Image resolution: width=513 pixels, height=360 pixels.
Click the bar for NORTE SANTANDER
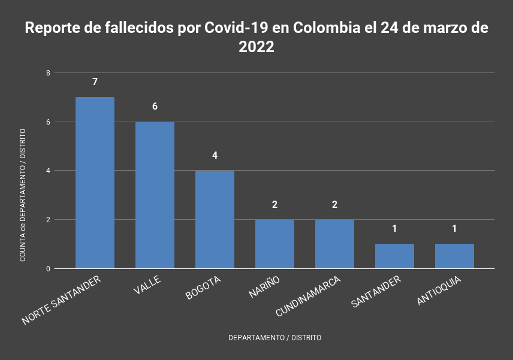[95, 183]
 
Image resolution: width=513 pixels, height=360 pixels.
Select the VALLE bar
[155, 195]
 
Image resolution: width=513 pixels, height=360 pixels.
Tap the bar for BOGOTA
[215, 220]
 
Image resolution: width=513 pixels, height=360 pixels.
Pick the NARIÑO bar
[274, 244]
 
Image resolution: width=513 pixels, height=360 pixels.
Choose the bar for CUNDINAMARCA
[334, 244]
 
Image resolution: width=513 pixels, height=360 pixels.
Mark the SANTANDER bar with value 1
[394, 256]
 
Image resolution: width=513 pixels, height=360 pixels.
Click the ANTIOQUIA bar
[454, 256]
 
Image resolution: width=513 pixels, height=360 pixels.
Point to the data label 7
[95, 81]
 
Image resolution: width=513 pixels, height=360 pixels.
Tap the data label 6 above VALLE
[155, 106]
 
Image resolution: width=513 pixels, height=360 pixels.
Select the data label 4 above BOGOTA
[215, 155]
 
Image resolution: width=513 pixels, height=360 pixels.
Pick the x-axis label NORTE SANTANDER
[61, 301]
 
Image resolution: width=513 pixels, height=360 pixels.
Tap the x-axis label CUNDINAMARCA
[309, 297]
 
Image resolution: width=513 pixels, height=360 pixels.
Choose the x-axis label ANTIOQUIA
[439, 291]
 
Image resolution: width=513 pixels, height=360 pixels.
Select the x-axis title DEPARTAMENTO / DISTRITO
[274, 338]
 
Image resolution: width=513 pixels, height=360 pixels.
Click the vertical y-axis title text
[23, 195]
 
